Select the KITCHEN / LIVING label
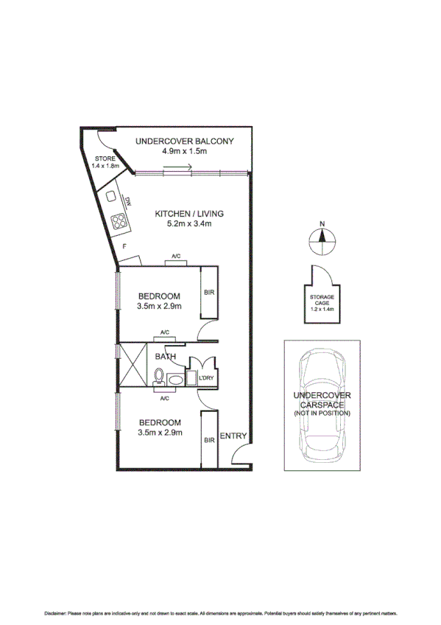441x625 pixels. [188, 214]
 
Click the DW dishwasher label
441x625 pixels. [127, 202]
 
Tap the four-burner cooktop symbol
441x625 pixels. [119, 219]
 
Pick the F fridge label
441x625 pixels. [125, 245]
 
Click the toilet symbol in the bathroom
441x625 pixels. [158, 377]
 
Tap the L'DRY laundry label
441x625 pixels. [207, 378]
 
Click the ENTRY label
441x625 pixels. [233, 435]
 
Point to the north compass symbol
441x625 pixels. [321, 237]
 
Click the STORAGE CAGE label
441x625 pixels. [321, 300]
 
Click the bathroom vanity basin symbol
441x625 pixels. [175, 379]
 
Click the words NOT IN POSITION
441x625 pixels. [322, 413]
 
